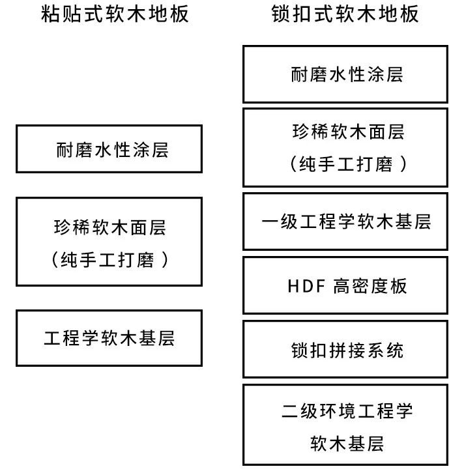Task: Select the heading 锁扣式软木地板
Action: [x=345, y=14]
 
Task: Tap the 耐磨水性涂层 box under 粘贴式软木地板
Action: [x=109, y=149]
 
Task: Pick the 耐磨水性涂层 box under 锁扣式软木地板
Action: [x=345, y=74]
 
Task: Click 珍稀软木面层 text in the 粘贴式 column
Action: [x=109, y=227]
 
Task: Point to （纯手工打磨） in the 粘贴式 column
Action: [x=109, y=260]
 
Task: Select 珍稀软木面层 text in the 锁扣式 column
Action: [x=347, y=132]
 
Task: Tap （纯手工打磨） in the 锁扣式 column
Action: [x=347, y=164]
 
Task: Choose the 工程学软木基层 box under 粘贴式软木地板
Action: [x=109, y=338]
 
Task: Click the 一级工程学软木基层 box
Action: [x=345, y=221]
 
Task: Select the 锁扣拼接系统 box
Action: [x=345, y=350]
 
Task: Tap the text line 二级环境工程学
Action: [x=347, y=411]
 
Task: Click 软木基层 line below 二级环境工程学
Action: [x=347, y=444]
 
